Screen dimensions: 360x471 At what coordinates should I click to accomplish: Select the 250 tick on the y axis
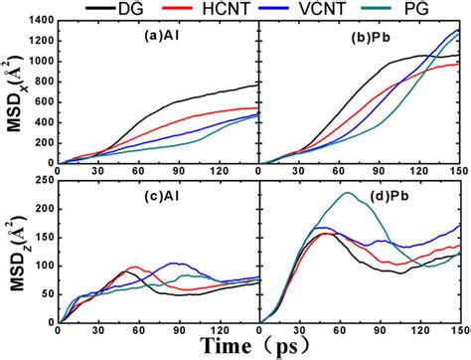45,179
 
